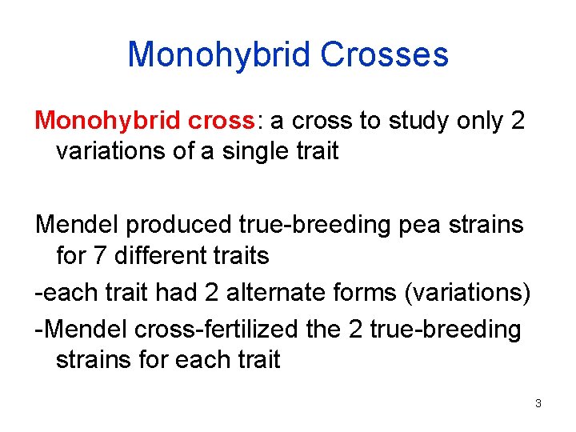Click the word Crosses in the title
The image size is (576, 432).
384,54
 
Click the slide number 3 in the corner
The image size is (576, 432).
538,403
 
